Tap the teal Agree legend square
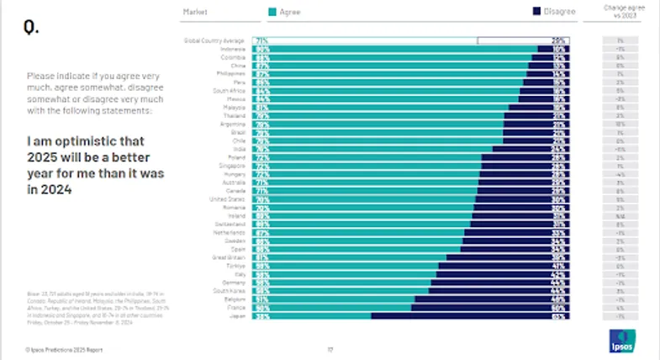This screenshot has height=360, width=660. click(271, 12)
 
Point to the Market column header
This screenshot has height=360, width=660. click(195, 12)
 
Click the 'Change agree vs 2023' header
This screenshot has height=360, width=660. click(620, 12)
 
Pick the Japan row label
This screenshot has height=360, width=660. click(238, 316)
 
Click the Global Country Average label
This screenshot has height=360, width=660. click(214, 40)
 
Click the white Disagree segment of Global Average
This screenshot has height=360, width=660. click(521, 40)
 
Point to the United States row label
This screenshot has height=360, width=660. click(227, 200)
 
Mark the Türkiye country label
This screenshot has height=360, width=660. click(235, 266)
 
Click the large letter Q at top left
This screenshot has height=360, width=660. click(30, 28)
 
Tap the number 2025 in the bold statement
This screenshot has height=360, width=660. click(44, 158)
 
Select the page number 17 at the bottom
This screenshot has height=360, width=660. click(330, 348)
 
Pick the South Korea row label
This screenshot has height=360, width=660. click(230, 291)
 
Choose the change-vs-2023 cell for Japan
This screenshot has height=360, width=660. click(620, 316)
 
